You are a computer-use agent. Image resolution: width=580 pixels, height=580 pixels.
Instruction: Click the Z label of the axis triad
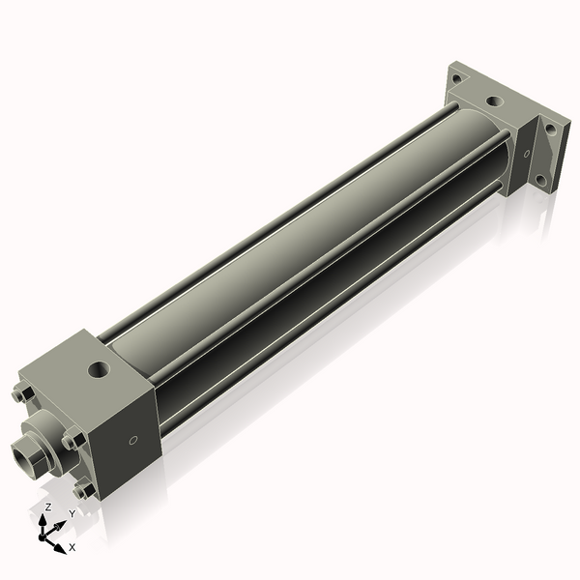48,507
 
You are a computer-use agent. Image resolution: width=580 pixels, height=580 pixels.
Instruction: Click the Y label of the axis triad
72,515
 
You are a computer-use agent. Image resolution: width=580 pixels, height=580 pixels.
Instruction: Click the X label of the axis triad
72,547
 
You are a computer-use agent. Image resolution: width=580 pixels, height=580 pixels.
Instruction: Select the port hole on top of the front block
98,368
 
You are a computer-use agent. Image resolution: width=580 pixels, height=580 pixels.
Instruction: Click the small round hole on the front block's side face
132,441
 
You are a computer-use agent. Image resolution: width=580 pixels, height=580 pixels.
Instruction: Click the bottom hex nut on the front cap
84,489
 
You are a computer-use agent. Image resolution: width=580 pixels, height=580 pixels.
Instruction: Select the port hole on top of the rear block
495,100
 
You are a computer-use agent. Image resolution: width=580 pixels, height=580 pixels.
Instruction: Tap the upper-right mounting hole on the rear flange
550,129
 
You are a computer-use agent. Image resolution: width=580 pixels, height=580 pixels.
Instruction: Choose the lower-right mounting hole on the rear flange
542,180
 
